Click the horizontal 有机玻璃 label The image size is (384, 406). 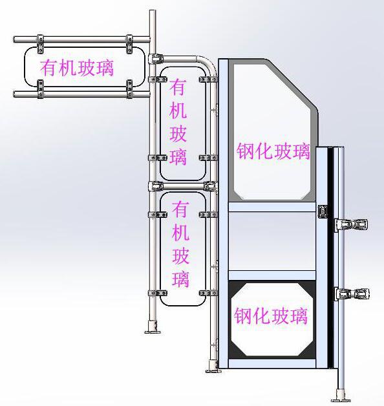[x=77, y=68]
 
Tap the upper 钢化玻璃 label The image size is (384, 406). [x=273, y=151]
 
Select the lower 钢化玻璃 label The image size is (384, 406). [x=271, y=315]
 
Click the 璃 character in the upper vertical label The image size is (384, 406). [x=178, y=156]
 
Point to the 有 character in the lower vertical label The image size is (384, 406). [x=180, y=209]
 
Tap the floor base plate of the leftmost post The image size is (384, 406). [x=153, y=331]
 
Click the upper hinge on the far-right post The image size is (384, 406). [x=352, y=224]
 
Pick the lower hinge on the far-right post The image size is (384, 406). [x=352, y=294]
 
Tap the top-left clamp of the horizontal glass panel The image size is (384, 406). [x=40, y=44]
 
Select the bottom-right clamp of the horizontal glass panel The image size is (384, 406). [x=129, y=89]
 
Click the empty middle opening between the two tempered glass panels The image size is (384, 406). [x=272, y=241]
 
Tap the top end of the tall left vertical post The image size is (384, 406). [x=153, y=10]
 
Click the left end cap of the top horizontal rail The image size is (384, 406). [x=15, y=39]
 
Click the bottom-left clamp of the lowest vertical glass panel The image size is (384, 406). [x=158, y=293]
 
